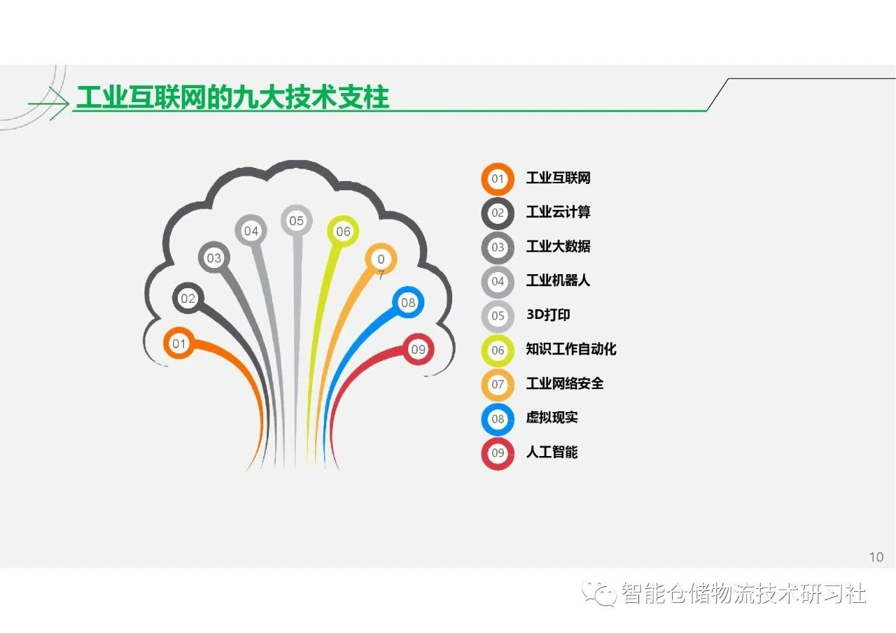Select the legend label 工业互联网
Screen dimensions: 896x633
point(558,178)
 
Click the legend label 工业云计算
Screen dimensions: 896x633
point(558,212)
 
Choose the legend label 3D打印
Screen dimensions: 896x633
point(548,315)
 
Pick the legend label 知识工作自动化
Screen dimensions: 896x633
point(570,349)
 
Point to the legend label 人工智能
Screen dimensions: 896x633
point(552,452)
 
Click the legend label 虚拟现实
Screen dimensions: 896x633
point(552,418)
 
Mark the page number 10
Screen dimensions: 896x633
point(876,557)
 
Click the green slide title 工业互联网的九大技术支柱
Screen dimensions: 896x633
point(232,97)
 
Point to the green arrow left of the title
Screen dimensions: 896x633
point(48,104)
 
